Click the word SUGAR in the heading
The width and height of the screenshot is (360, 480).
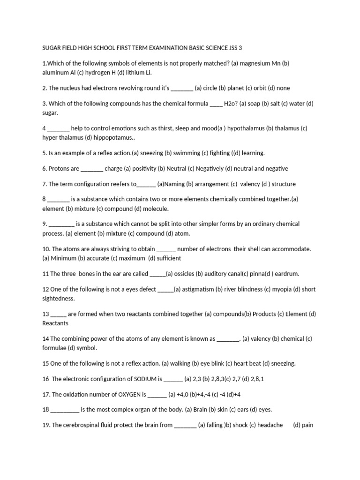[x=52, y=48]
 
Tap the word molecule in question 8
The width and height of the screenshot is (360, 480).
[x=156, y=209]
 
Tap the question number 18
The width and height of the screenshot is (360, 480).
[x=45, y=410]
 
